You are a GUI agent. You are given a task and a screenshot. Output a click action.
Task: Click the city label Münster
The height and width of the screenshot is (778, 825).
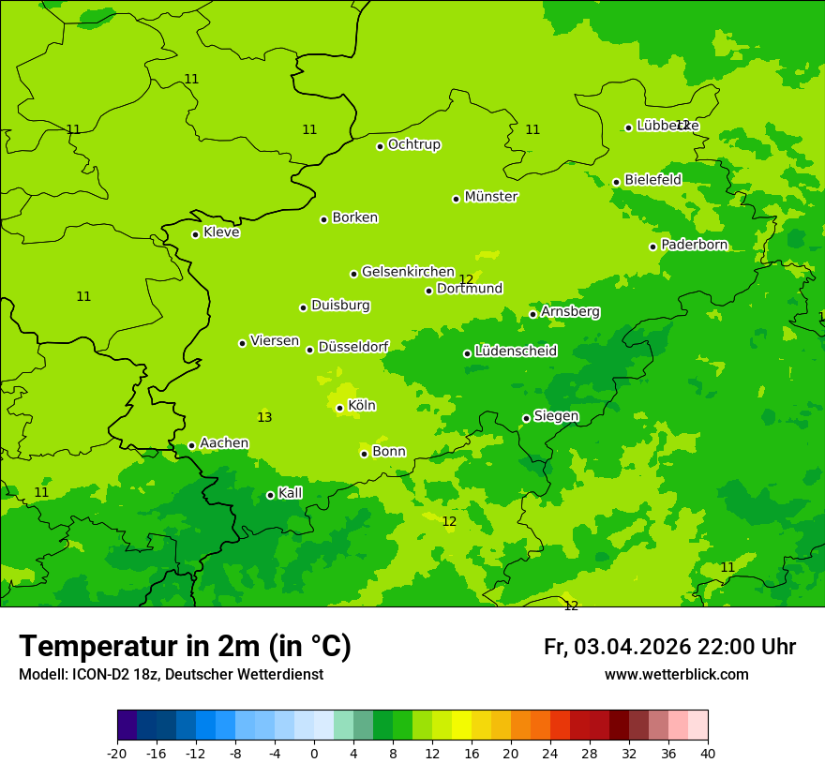pos(491,197)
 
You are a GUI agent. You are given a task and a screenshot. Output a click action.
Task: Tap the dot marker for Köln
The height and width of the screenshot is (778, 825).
pos(339,408)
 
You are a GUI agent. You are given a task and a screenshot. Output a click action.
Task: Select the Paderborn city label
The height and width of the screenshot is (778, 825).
pos(694,245)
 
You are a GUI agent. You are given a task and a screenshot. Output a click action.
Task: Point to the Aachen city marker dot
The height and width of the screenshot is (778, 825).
pos(191,446)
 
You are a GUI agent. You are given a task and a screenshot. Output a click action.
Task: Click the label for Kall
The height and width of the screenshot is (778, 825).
pos(290,493)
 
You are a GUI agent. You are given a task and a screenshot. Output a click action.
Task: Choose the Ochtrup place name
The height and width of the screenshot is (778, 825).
pos(413,144)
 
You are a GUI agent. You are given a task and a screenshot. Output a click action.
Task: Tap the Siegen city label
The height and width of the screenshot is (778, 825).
pos(556,416)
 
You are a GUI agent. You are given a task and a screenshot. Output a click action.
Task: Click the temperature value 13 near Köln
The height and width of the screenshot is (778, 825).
pos(264,417)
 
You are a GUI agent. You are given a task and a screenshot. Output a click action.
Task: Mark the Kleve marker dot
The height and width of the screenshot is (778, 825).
pos(195,234)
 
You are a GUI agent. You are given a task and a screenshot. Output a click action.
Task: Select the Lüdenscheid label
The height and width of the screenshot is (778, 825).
pos(516,352)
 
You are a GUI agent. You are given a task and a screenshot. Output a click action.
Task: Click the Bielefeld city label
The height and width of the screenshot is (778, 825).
pos(652,179)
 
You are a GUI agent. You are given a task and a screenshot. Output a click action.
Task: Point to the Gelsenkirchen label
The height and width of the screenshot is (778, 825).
pos(408,272)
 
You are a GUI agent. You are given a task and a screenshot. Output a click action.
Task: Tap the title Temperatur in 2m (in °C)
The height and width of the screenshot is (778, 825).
pos(185,647)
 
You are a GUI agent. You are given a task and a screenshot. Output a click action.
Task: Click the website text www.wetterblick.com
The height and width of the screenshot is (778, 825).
pos(676,675)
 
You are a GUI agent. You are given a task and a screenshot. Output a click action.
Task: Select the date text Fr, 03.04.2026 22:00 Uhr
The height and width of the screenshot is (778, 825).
pos(669,647)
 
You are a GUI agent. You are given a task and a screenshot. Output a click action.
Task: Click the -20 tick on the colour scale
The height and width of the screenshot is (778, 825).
pos(117,754)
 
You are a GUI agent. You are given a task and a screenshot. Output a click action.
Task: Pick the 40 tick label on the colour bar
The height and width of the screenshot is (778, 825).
pos(708,754)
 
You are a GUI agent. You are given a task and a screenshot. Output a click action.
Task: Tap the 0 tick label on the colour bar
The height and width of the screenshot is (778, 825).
pos(314,754)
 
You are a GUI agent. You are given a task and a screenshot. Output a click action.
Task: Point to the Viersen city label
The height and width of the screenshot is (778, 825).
pos(274,341)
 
